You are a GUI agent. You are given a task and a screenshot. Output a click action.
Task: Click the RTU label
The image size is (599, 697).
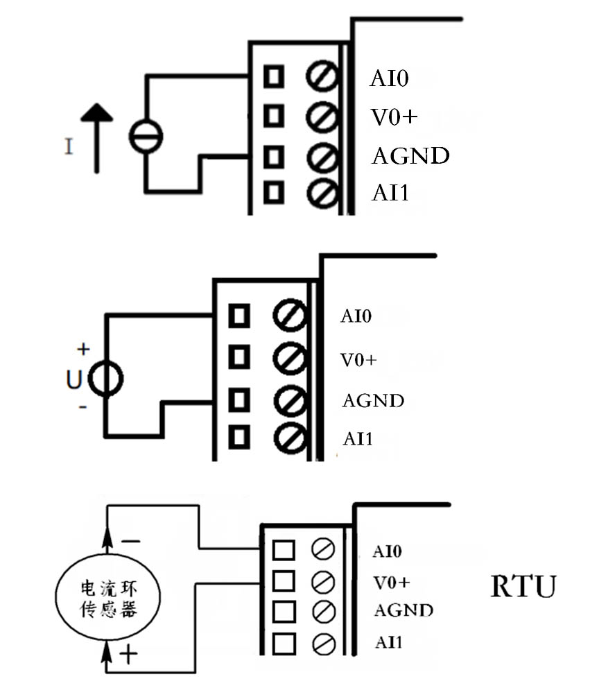523,587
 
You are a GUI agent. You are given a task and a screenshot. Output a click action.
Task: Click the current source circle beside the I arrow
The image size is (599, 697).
146,135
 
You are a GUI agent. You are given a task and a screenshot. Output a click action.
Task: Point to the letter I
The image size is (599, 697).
68,146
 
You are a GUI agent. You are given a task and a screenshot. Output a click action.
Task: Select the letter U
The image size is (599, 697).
73,379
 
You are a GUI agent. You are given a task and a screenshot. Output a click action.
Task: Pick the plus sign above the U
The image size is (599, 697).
84,348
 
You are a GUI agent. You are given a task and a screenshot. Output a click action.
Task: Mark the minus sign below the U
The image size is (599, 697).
83,408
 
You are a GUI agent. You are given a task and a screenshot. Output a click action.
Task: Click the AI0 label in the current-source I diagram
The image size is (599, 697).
389,78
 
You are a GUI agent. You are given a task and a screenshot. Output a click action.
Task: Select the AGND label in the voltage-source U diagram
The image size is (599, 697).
373,401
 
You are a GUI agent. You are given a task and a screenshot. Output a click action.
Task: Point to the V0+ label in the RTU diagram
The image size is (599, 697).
392,581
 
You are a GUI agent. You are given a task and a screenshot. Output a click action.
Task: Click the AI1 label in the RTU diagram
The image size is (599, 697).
386,642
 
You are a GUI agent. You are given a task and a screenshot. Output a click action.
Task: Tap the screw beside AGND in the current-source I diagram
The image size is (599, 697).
322,155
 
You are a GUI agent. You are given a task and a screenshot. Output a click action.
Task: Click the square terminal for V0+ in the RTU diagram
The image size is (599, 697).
284,580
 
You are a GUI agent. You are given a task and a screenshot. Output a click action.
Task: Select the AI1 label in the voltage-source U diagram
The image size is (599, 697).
358,438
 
